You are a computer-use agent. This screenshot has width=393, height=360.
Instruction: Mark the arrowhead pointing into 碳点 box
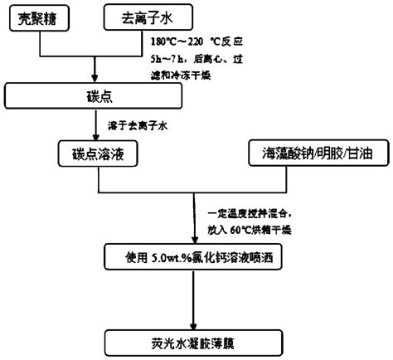click(x=97, y=76)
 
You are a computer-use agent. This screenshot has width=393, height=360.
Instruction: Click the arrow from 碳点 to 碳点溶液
click(x=97, y=126)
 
